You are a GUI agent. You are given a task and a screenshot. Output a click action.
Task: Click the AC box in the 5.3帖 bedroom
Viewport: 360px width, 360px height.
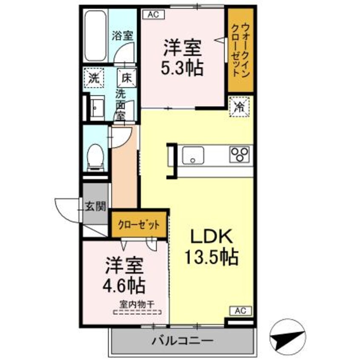(x=153, y=14)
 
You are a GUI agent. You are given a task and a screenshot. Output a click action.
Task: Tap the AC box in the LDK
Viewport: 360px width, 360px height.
(x=241, y=311)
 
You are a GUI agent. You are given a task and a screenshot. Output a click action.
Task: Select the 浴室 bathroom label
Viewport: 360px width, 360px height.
(x=122, y=36)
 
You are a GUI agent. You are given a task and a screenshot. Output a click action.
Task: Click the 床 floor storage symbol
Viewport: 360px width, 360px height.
(x=126, y=78)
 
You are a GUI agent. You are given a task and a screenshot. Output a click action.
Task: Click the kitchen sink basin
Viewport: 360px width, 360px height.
(x=194, y=155)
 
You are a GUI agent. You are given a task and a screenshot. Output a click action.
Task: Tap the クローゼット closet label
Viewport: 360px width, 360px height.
(x=140, y=224)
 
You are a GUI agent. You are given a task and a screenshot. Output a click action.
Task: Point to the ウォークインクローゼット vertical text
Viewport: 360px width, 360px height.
(x=240, y=50)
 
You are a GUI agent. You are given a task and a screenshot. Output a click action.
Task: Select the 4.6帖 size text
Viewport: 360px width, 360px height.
(x=125, y=284)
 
